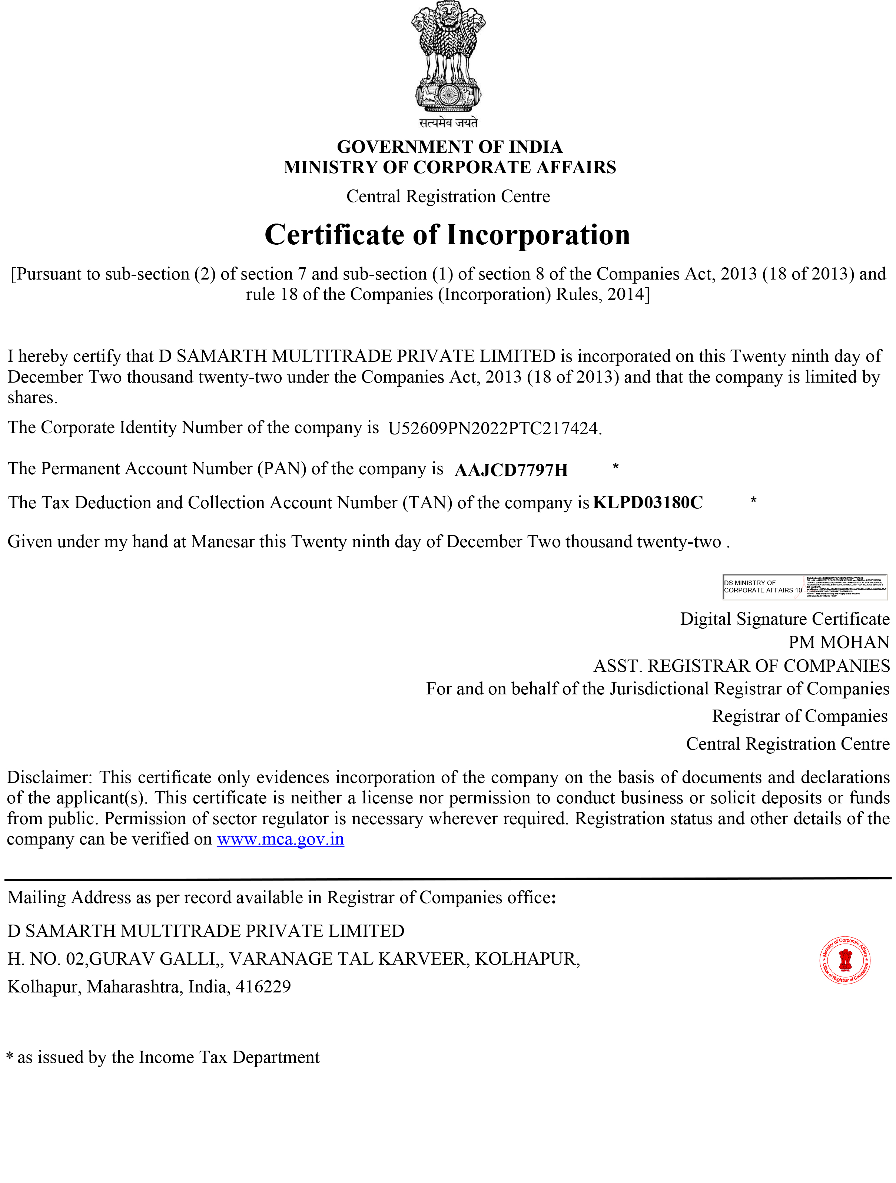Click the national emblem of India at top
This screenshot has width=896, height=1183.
tap(448, 58)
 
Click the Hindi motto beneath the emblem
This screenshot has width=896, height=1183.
tap(448, 122)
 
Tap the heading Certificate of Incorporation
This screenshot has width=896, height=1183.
tap(448, 235)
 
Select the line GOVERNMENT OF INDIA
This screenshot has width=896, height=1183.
tap(449, 146)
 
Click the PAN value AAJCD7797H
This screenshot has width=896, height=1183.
tap(511, 470)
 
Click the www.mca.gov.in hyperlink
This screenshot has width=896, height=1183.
tap(280, 839)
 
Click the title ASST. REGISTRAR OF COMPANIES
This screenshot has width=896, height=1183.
tap(741, 666)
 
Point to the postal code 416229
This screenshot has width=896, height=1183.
tap(263, 987)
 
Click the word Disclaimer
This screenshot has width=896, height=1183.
tap(49, 777)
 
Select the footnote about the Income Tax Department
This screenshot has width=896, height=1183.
tap(163, 1057)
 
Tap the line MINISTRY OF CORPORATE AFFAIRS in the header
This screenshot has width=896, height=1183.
tap(449, 168)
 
